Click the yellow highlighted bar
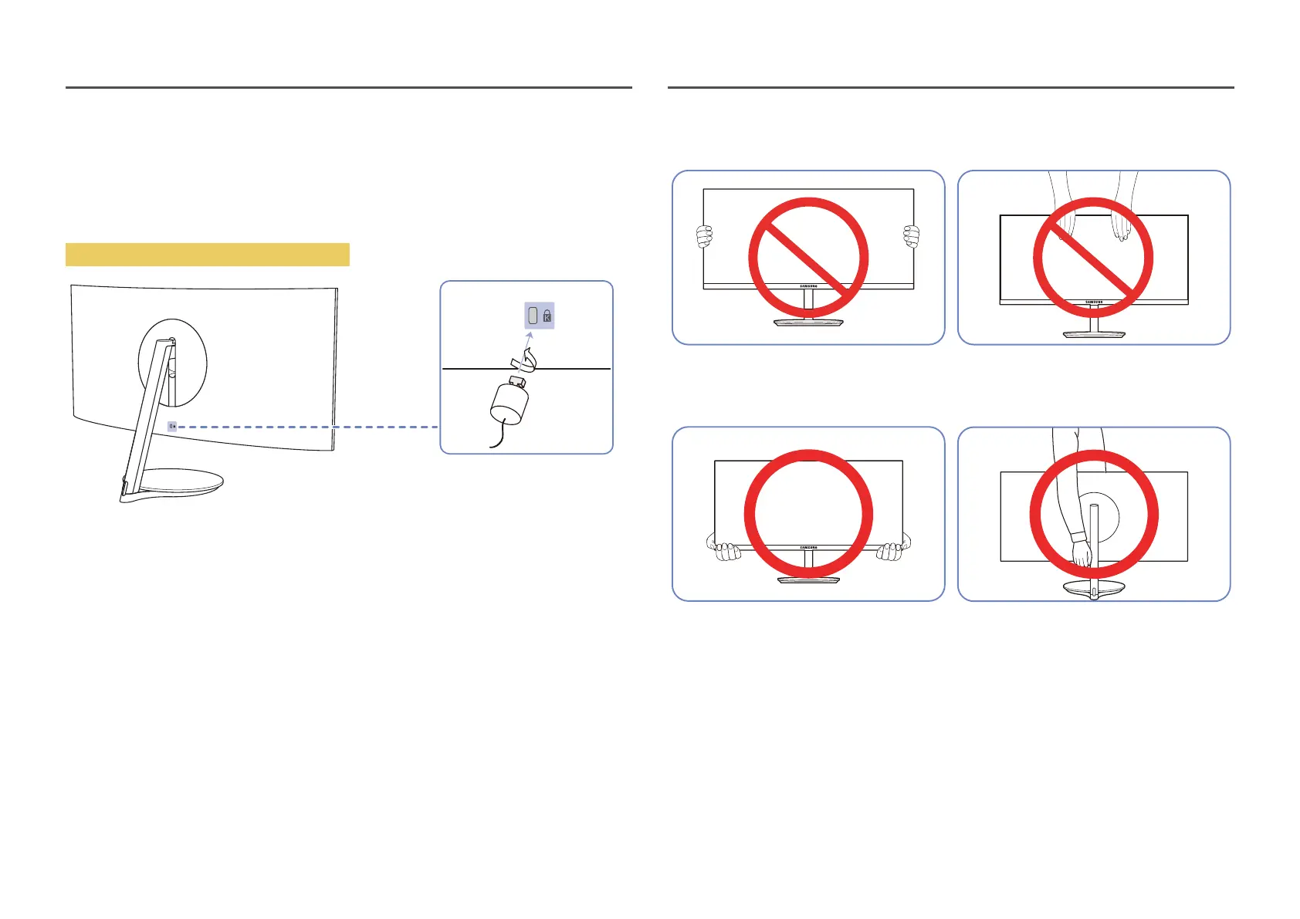pyautogui.click(x=207, y=254)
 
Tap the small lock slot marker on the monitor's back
pyautogui.click(x=172, y=426)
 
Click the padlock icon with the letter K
pyautogui.click(x=547, y=316)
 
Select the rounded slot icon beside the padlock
pyautogui.click(x=532, y=316)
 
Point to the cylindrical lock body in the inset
pyautogui.click(x=510, y=403)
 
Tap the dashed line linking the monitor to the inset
pyautogui.click(x=309, y=427)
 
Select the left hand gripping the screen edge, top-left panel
pyautogui.click(x=704, y=237)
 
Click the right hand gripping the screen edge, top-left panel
pyautogui.click(x=912, y=236)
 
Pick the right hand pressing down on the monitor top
pyautogui.click(x=1119, y=228)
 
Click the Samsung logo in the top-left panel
pyautogui.click(x=808, y=286)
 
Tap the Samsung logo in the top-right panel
pyautogui.click(x=1094, y=302)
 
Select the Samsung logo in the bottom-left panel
pyautogui.click(x=808, y=548)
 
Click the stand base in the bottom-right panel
pyautogui.click(x=1094, y=589)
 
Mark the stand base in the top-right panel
pyautogui.click(x=1094, y=334)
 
